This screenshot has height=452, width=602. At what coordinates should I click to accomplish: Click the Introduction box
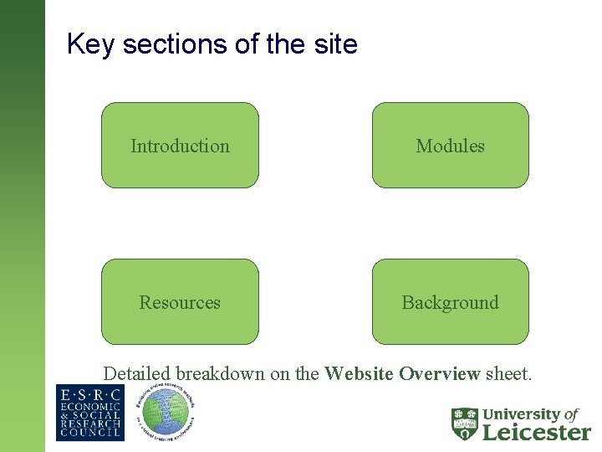(180, 146)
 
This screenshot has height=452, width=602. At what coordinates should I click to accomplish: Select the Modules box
(450, 146)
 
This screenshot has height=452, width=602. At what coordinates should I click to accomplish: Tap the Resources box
(180, 302)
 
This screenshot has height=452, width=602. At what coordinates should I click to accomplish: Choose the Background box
(450, 302)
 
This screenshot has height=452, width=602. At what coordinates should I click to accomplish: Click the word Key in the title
(90, 44)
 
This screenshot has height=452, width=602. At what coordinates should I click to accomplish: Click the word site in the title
(334, 44)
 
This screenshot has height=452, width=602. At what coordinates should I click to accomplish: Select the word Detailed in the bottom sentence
(137, 373)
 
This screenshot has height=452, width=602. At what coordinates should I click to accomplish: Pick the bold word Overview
(439, 373)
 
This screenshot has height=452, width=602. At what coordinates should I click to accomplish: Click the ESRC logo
(89, 413)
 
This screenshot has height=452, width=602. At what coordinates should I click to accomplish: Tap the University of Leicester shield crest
(465, 424)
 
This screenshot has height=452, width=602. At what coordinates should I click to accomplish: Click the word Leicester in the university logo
(537, 432)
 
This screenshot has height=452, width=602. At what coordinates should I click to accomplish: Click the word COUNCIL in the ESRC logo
(89, 434)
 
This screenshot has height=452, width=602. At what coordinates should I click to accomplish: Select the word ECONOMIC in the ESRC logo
(89, 408)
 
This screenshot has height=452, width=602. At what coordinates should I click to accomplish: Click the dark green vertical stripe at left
(22, 226)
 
